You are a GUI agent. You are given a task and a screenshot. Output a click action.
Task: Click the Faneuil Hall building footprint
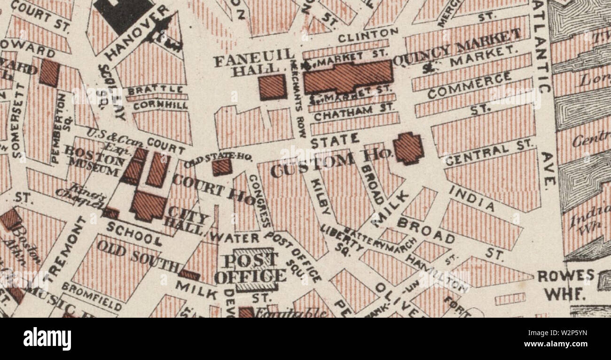click(x=273, y=87)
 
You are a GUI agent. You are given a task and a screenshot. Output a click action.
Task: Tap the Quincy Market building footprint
click(x=348, y=77)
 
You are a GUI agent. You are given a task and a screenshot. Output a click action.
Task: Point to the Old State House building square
click(x=221, y=167)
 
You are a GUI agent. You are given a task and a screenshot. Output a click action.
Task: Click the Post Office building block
click(x=254, y=269)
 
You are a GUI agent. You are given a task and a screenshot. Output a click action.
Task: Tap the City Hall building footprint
click(x=149, y=205)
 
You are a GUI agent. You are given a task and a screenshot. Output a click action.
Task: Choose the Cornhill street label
click(x=160, y=105)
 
